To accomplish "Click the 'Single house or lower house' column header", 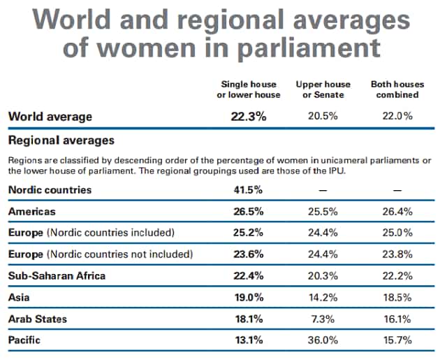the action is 249,89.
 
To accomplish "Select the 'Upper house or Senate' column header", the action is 323,89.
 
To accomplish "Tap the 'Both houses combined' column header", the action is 397,89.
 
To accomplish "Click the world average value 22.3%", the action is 249,116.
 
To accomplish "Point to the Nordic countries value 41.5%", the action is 248,190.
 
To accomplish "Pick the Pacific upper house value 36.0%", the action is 323,340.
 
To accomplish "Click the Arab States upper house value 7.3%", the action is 323,319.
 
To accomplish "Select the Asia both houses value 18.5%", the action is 397,298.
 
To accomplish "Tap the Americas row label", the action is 32,212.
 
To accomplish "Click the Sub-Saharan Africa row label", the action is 57,276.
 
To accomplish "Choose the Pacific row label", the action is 24,340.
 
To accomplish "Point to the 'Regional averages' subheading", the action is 61,141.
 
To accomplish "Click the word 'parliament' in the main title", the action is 309,48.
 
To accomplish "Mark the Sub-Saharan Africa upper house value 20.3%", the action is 323,276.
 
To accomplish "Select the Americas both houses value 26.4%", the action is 397,212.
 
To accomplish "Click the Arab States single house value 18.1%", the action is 249,319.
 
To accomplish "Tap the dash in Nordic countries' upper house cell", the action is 323,190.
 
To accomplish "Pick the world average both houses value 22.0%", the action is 397,116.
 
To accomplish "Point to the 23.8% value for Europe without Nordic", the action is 397,254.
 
